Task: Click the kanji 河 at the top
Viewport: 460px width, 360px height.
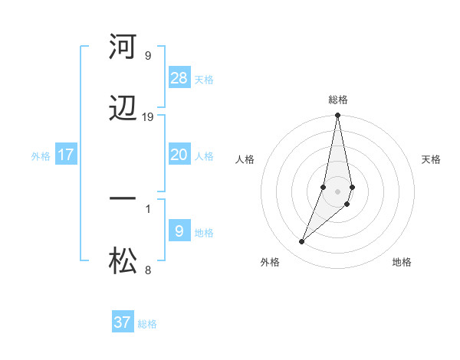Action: (x=123, y=47)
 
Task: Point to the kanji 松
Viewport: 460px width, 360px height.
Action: (x=123, y=262)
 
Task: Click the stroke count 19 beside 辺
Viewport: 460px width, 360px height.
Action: (x=148, y=117)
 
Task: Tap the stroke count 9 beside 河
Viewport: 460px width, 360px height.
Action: (x=147, y=55)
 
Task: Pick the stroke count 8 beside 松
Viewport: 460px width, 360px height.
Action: (x=147, y=270)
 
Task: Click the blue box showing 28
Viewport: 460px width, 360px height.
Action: (x=179, y=78)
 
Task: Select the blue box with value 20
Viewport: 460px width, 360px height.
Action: (x=179, y=155)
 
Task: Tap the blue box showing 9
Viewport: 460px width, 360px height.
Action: (x=179, y=231)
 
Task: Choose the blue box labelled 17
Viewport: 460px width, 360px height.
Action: (x=66, y=155)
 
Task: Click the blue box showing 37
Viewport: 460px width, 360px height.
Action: (x=123, y=322)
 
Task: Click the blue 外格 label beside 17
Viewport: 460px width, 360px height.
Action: (x=41, y=156)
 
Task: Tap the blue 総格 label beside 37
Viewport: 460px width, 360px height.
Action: (x=147, y=324)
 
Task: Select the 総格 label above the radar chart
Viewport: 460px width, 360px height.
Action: (x=338, y=100)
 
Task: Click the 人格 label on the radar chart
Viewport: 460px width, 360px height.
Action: (x=245, y=159)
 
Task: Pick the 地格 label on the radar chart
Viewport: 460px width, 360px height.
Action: (x=402, y=262)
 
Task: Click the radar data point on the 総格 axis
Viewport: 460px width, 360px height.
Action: (x=337, y=116)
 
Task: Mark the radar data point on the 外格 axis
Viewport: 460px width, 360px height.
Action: (x=301, y=242)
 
